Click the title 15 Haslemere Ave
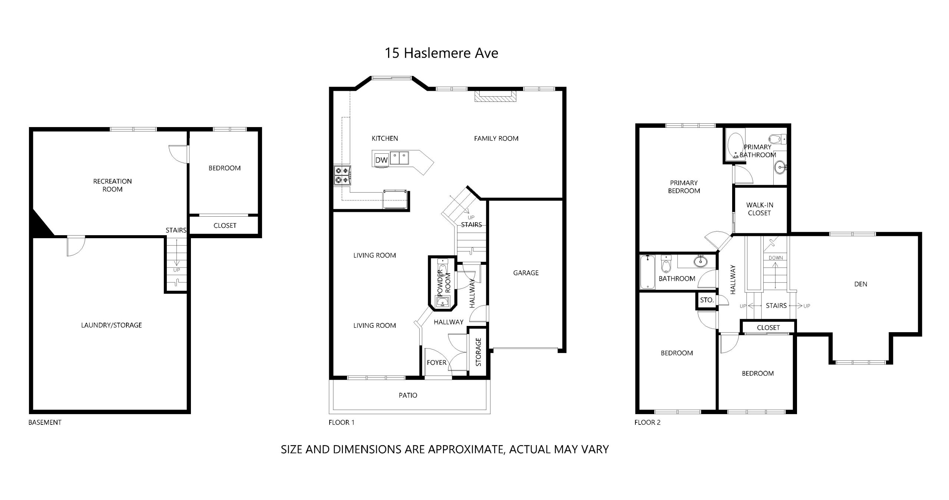pyautogui.click(x=441, y=53)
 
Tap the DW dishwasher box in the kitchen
pyautogui.click(x=381, y=160)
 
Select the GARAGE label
pyautogui.click(x=526, y=273)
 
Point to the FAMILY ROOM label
pyautogui.click(x=496, y=139)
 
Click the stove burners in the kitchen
pyautogui.click(x=343, y=176)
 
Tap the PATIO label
pyautogui.click(x=408, y=396)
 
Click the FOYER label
pyautogui.click(x=437, y=363)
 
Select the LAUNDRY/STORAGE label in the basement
pyautogui.click(x=112, y=325)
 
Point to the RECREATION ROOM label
pyautogui.click(x=112, y=185)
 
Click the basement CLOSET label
pyautogui.click(x=225, y=226)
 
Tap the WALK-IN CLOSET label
pyautogui.click(x=760, y=209)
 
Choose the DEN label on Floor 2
pyautogui.click(x=860, y=284)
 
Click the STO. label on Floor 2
pyautogui.click(x=707, y=300)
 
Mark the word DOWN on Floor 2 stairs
pyautogui.click(x=776, y=258)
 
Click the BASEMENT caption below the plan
pyautogui.click(x=45, y=422)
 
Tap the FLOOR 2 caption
pyautogui.click(x=647, y=422)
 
